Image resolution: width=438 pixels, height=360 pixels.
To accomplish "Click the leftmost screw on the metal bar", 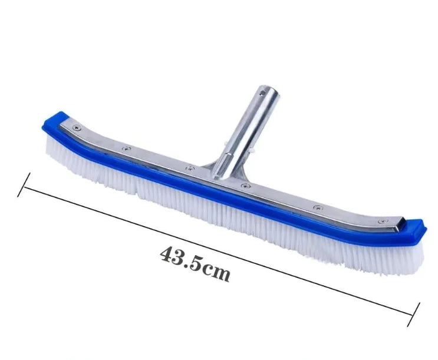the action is pyautogui.click(x=77, y=128).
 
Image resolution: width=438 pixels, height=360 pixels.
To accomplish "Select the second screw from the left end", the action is pyautogui.click(x=127, y=148).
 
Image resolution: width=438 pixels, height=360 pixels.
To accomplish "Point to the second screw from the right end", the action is pyautogui.click(x=318, y=207).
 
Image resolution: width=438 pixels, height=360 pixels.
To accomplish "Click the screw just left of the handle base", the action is pyautogui.click(x=190, y=168).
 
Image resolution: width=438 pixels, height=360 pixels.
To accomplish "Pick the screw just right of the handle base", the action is pyautogui.click(x=246, y=186).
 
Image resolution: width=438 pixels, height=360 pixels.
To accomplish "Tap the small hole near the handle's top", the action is pyautogui.click(x=262, y=91).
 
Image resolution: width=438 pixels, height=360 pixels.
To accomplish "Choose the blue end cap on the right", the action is pyautogui.click(x=413, y=229).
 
